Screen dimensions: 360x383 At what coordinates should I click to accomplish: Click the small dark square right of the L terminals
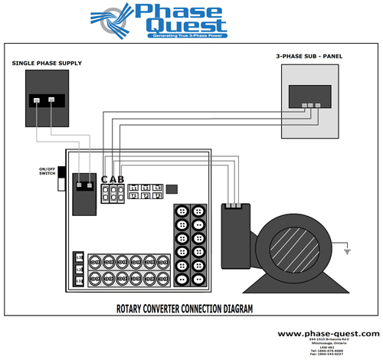point(172,188)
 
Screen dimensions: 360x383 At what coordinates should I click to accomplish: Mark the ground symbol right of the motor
point(347,250)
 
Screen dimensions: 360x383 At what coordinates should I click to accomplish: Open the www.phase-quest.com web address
point(328,334)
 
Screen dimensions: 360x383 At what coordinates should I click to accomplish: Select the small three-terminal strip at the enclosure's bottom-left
point(78,268)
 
